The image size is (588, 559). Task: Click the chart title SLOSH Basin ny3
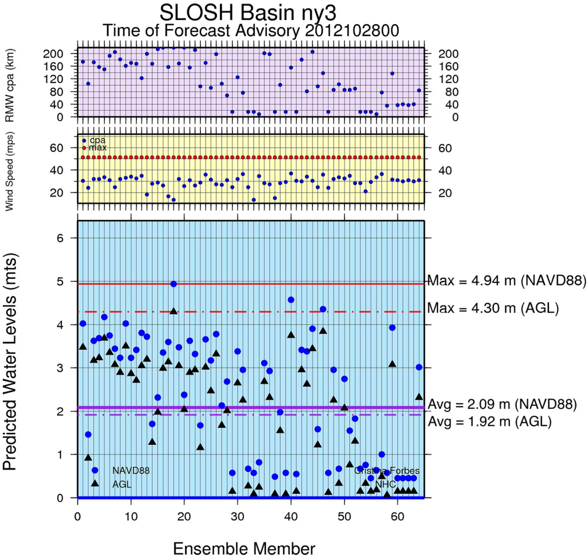tap(247, 13)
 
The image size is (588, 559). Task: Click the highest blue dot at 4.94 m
tap(173, 284)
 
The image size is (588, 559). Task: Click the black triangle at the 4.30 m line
tap(173, 311)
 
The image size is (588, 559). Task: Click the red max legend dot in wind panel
tap(84, 148)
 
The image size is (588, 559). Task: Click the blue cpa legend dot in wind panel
tap(84, 140)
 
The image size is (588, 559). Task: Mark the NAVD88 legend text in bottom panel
tap(131, 471)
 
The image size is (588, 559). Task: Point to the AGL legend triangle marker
tap(95, 483)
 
